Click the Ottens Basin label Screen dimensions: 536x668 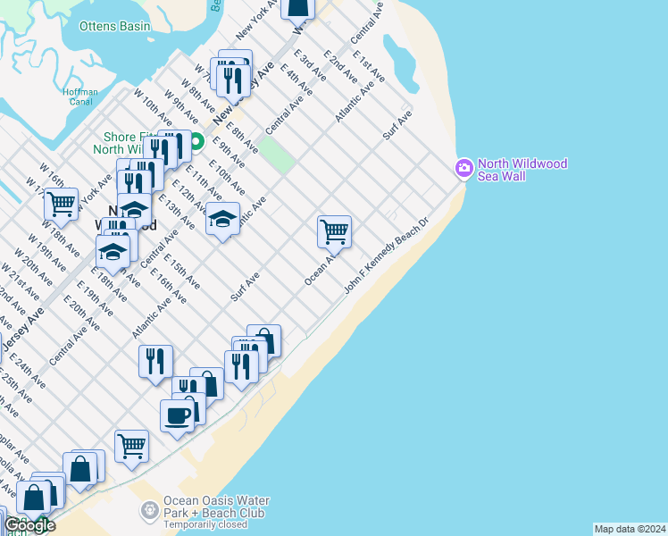click(x=114, y=26)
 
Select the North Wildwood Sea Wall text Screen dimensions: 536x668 click(x=522, y=170)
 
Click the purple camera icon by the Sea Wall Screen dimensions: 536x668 click(x=463, y=167)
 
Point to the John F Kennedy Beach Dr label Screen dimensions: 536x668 click(x=388, y=255)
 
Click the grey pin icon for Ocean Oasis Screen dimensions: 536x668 click(x=149, y=510)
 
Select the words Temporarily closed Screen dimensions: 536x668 click(x=205, y=525)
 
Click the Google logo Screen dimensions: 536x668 click(x=29, y=524)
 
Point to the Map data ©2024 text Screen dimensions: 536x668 click(x=630, y=529)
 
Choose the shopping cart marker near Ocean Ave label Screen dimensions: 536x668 click(x=334, y=231)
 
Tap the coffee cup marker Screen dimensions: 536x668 click(x=177, y=415)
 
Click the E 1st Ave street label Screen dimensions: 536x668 click(x=369, y=66)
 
